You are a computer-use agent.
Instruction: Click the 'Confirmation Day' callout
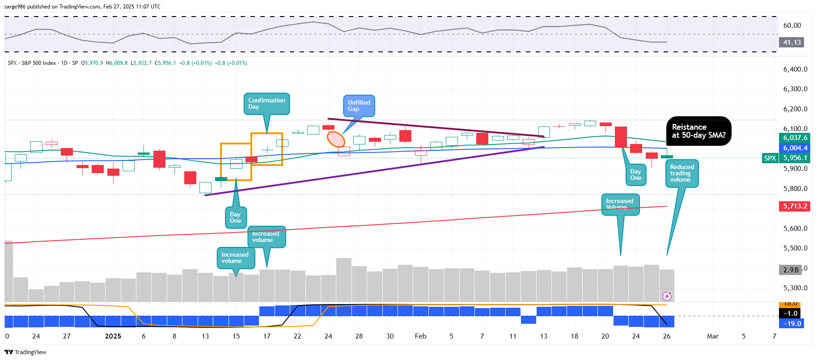pyautogui.click(x=267, y=104)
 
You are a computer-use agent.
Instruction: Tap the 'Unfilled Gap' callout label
pyautogui.click(x=359, y=106)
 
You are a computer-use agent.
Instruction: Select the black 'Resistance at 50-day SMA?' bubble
pyautogui.click(x=698, y=131)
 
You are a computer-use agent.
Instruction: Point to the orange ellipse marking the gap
pyautogui.click(x=336, y=139)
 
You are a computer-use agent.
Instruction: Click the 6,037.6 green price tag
pyautogui.click(x=795, y=138)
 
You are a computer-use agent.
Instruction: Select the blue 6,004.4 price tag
pyautogui.click(x=795, y=148)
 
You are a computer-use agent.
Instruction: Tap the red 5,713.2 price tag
pyautogui.click(x=795, y=206)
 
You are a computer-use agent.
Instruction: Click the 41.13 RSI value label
pyautogui.click(x=792, y=42)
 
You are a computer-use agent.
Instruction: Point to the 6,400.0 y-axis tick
pyautogui.click(x=795, y=69)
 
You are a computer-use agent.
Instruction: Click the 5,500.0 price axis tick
pyautogui.click(x=795, y=248)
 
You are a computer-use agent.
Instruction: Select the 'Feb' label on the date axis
pyautogui.click(x=420, y=336)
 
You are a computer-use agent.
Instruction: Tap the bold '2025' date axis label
pyautogui.click(x=113, y=336)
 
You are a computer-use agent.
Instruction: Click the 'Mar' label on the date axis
pyautogui.click(x=712, y=336)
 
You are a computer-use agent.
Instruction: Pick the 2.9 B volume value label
pyautogui.click(x=791, y=270)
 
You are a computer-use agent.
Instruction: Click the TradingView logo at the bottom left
pyautogui.click(x=25, y=352)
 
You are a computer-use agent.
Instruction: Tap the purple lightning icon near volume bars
pyautogui.click(x=667, y=296)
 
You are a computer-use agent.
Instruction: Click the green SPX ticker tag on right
pyautogui.click(x=770, y=158)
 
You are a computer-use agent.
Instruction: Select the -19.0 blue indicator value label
pyautogui.click(x=792, y=323)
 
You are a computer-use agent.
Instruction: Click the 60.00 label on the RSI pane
pyautogui.click(x=792, y=25)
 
